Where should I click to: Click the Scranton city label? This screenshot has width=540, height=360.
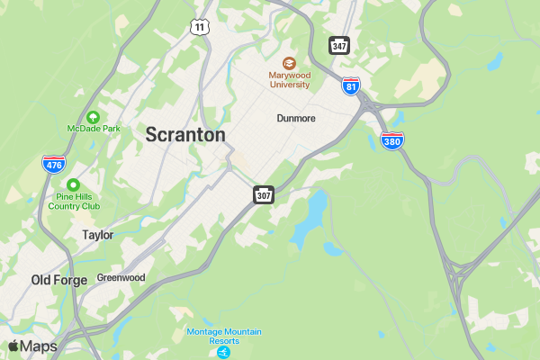pos(185,135)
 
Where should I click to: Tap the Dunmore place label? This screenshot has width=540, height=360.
pos(295,118)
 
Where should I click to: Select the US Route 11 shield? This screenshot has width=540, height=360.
pos(199,28)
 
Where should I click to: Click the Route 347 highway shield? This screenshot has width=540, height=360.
pos(339,45)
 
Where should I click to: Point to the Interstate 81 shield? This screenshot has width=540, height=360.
pos(352,85)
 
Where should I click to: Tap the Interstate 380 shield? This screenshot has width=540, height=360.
pos(392,139)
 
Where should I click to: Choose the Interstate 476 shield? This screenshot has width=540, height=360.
pos(53,164)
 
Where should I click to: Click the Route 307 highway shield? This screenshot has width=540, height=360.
pos(263,194)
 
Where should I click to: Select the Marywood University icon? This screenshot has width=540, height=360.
pos(289,63)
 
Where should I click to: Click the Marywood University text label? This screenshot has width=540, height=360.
pos(289,80)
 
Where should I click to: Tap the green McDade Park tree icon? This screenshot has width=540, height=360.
pos(93,116)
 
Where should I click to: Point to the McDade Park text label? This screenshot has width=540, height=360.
pos(93,129)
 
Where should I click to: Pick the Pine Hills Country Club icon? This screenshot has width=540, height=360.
pos(74,184)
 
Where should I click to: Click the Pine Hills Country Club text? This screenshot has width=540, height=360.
pos(74,201)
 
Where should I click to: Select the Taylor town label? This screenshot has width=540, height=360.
pos(97,235)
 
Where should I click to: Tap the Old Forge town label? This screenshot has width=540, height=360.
pos(59,280)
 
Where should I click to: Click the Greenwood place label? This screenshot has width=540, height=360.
pos(121,278)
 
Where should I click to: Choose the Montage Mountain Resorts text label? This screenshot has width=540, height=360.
pos(224,336)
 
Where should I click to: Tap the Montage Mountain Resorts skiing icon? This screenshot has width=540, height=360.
pos(224,353)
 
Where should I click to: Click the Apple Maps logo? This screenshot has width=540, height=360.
pos(32,346)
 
